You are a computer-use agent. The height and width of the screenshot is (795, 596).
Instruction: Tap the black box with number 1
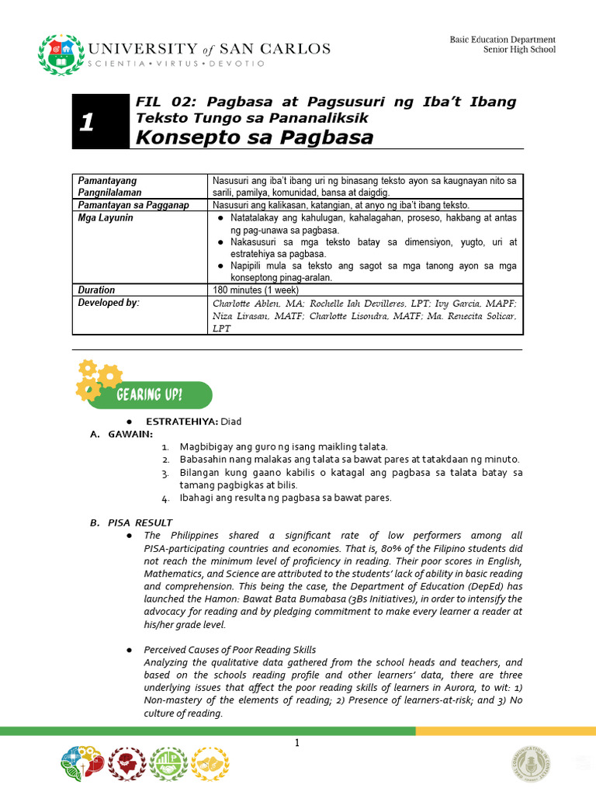[x=100, y=121]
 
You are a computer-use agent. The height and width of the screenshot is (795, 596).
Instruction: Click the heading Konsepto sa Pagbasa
[x=244, y=137]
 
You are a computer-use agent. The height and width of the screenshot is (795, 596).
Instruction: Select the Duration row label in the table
[x=96, y=290]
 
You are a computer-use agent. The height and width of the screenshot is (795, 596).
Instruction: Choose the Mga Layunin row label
[x=106, y=218]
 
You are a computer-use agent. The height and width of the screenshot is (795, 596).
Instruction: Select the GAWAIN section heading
[x=130, y=433]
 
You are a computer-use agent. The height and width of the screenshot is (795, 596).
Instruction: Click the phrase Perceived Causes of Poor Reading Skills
[x=230, y=649]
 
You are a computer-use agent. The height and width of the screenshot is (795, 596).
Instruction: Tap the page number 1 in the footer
[x=296, y=744]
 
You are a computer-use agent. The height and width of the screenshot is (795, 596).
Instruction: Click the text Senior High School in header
[x=519, y=50]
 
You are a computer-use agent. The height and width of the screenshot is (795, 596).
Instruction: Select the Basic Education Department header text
[x=502, y=40]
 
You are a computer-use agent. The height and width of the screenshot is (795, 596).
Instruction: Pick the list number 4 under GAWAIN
[x=165, y=498]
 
